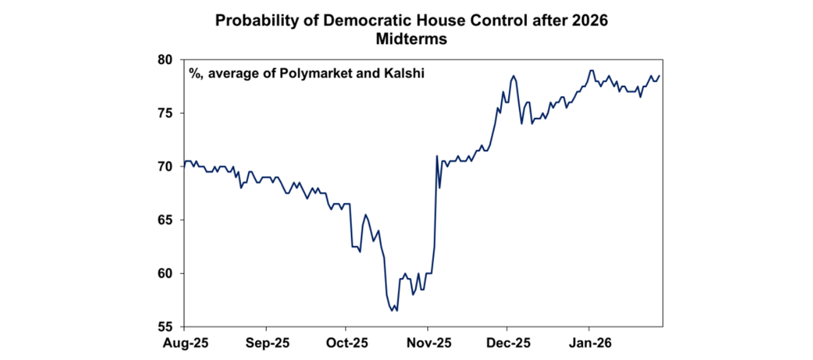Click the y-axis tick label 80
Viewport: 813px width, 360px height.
coord(168,60)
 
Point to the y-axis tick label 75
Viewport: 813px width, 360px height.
coord(168,113)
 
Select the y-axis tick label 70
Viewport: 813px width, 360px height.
coord(168,167)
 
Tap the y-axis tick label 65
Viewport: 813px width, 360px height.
coord(168,220)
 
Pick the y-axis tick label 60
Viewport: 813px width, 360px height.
coord(168,274)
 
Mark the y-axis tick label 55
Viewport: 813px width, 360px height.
coord(168,327)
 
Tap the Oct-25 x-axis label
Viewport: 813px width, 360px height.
coord(345,343)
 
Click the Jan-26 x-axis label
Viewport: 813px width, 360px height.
coord(589,343)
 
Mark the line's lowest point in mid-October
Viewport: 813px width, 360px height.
coord(392,311)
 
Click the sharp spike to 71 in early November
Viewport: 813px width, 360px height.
coord(437,156)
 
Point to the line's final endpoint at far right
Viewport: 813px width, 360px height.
coord(660,76)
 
